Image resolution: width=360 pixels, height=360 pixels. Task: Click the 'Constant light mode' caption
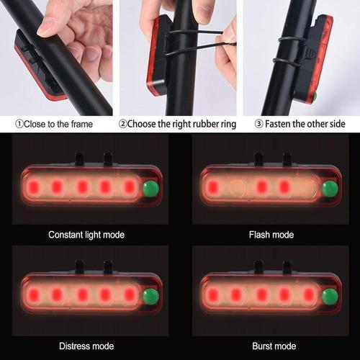(x=86, y=235)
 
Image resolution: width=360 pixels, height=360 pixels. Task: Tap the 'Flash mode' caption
(x=271, y=235)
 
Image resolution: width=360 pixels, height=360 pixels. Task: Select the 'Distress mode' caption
(x=86, y=346)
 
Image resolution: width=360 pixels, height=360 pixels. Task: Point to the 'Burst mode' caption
(x=274, y=346)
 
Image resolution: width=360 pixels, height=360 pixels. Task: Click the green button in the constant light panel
(x=150, y=189)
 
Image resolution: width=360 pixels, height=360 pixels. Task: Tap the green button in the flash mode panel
(x=330, y=189)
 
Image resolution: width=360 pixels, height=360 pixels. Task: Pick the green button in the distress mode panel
(x=150, y=297)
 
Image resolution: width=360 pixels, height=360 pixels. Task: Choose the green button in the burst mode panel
(x=330, y=297)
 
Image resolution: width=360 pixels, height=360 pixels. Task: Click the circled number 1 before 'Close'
(x=19, y=124)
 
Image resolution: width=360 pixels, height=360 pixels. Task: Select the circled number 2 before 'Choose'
(x=122, y=124)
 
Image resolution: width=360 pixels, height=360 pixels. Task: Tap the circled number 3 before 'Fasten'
(x=258, y=124)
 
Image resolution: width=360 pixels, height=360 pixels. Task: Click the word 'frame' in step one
(x=81, y=124)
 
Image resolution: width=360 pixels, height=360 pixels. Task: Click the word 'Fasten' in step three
(x=278, y=124)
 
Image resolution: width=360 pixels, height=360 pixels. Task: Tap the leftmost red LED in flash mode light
(x=213, y=186)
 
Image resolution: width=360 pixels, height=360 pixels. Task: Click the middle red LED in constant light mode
(x=82, y=186)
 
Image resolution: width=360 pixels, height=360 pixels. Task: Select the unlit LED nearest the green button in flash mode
(x=308, y=187)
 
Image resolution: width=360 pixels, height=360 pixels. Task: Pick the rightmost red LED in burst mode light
(x=309, y=294)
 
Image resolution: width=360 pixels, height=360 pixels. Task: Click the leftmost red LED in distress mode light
(x=34, y=294)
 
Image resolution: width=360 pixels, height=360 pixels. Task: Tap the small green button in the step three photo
(x=315, y=96)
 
